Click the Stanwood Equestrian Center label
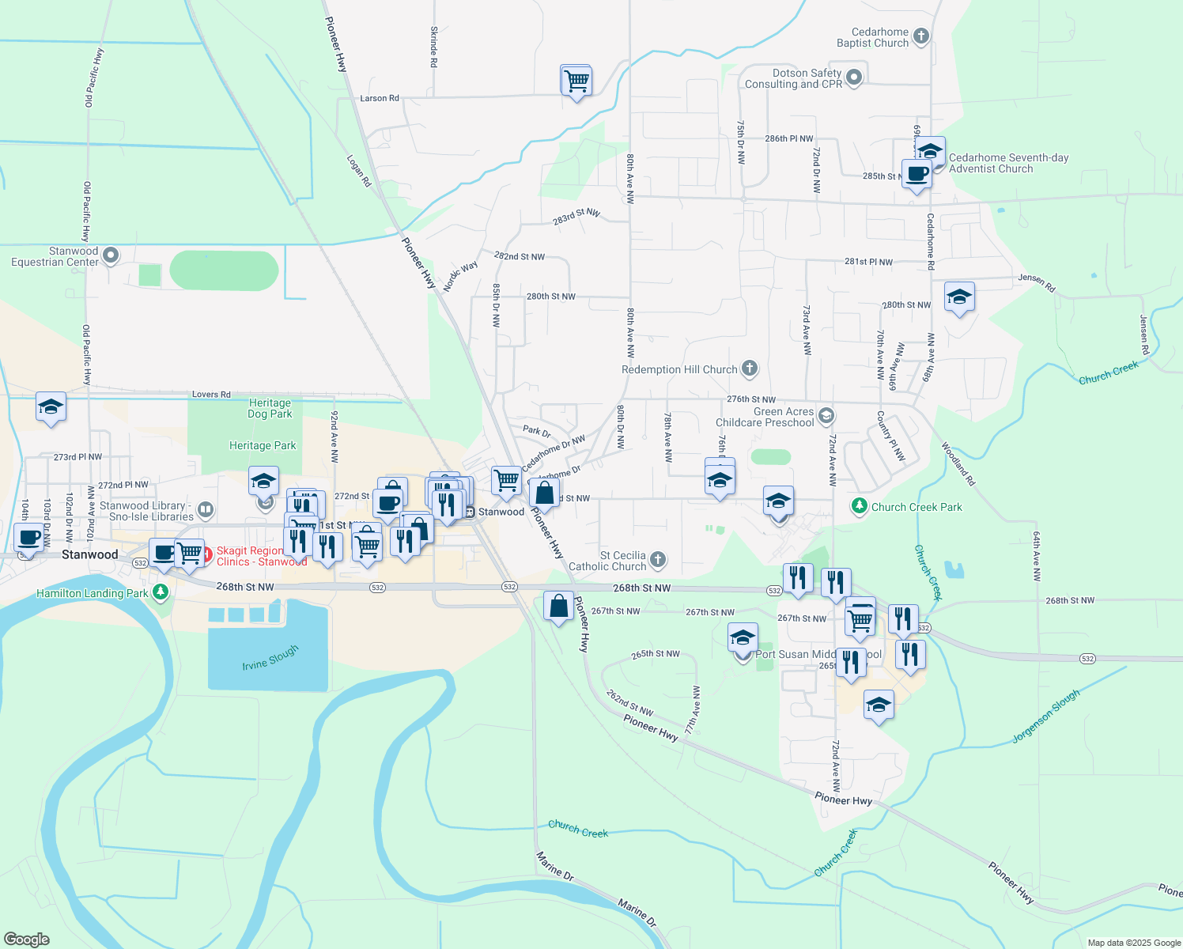click(x=55, y=256)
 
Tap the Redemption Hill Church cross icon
click(x=750, y=369)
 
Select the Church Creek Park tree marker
click(x=860, y=506)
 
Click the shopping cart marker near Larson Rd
click(x=576, y=80)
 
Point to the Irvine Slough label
click(x=270, y=657)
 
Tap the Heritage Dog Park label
click(x=270, y=408)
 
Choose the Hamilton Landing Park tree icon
click(x=161, y=592)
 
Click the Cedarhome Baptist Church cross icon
click(x=920, y=36)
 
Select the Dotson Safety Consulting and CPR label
click(x=793, y=78)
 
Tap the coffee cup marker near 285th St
click(x=917, y=174)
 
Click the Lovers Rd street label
click(x=211, y=394)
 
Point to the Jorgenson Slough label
click(x=1045, y=716)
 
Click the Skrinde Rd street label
click(x=433, y=46)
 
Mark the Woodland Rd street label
click(x=958, y=463)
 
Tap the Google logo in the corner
click(x=27, y=940)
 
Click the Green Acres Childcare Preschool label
click(x=765, y=417)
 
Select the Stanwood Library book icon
click(x=206, y=510)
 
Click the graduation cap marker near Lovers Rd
click(x=51, y=407)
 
